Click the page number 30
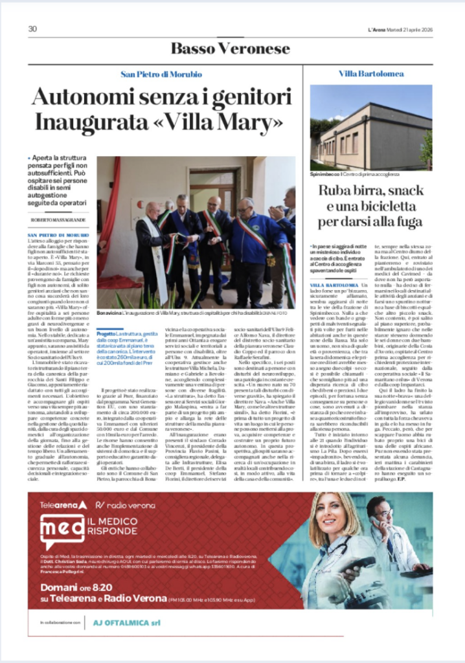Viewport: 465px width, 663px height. point(32,29)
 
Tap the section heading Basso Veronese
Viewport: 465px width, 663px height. point(230,49)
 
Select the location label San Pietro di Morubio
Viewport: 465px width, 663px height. point(161,74)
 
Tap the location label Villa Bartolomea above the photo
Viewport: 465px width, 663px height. point(371,74)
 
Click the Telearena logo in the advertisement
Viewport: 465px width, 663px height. point(63,504)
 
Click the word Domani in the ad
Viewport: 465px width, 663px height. point(58,586)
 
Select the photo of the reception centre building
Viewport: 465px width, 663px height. point(370,127)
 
